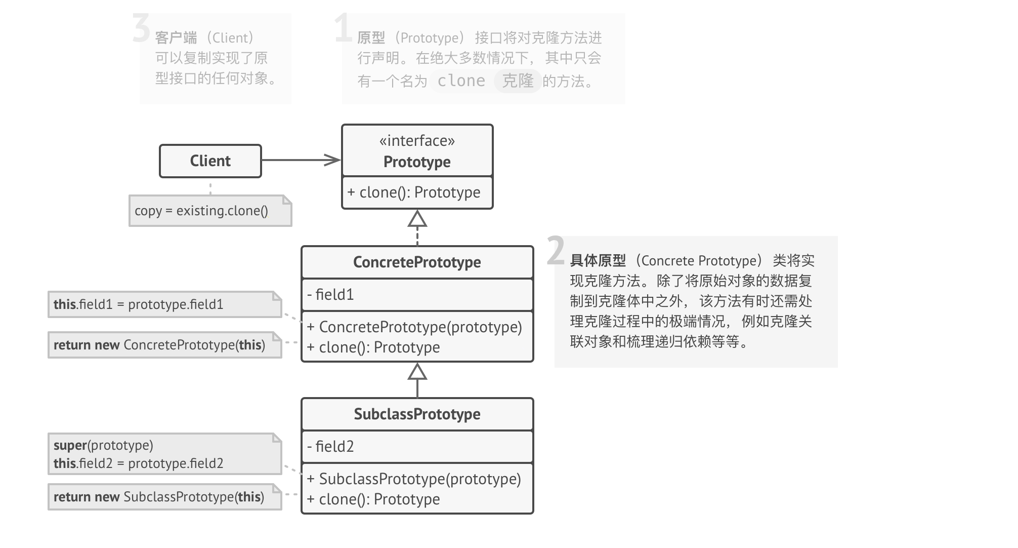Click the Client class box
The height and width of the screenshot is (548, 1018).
[x=210, y=161]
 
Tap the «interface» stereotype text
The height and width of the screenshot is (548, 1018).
[x=417, y=141]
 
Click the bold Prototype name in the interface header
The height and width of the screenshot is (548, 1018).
[x=417, y=162]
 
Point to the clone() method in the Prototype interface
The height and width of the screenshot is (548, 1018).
[x=414, y=192]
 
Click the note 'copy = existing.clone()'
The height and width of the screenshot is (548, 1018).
[x=201, y=211]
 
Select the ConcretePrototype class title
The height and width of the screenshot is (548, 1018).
[x=417, y=262]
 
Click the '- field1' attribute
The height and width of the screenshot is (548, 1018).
[x=330, y=295]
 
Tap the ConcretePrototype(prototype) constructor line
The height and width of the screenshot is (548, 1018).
[x=414, y=327]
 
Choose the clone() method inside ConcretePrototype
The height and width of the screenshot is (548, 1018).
[x=373, y=347]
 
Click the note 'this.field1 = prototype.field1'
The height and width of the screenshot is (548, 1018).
[x=139, y=304]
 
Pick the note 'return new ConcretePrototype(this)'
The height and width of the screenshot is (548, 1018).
[x=159, y=345]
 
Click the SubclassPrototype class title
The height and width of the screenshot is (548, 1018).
[x=417, y=414]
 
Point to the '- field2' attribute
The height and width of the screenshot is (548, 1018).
[x=330, y=447]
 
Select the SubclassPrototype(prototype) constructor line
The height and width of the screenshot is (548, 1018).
[x=414, y=479]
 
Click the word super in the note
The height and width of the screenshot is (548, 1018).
[x=70, y=445]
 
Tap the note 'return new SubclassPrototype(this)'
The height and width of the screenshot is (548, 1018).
[x=159, y=497]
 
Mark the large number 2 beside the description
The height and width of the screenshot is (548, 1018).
[x=556, y=250]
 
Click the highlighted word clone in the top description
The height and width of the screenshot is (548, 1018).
[x=461, y=81]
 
